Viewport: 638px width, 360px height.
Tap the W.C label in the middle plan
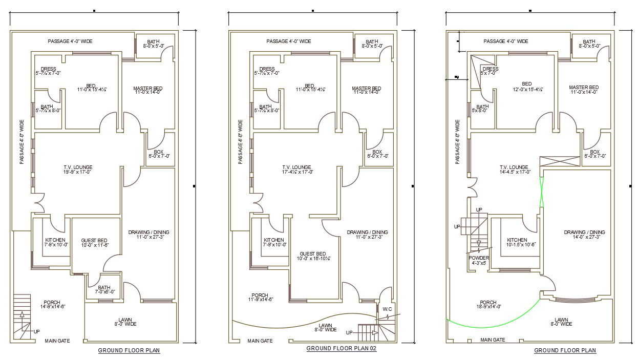387,309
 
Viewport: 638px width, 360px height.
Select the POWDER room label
479,260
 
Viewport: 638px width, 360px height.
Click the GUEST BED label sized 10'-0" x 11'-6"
94,243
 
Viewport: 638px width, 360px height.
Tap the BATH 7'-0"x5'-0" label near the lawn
104,289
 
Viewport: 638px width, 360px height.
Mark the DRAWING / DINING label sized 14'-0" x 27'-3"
584,235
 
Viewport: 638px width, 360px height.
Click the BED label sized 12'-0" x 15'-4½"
527,87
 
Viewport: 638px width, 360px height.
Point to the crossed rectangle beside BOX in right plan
561,161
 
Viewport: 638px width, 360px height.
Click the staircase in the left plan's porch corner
22,317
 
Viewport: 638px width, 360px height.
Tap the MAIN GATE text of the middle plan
260,341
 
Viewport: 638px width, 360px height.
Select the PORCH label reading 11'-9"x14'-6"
260,298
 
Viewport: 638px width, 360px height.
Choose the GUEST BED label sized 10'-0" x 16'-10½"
312,256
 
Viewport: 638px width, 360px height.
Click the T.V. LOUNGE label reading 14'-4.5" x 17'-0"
514,170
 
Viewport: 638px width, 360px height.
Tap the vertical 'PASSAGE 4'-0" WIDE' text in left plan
22,142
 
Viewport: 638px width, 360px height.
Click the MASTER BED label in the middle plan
366,91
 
